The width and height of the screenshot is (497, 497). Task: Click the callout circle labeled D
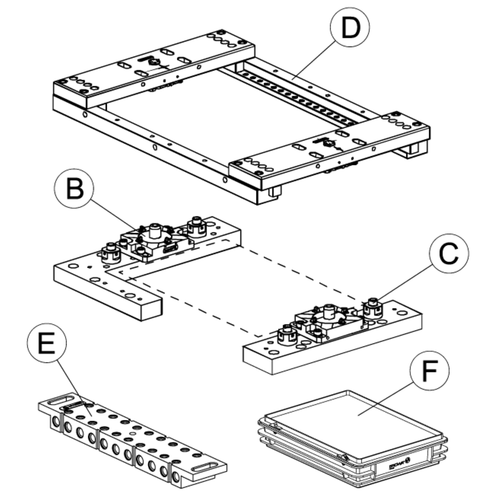click(350, 28)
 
